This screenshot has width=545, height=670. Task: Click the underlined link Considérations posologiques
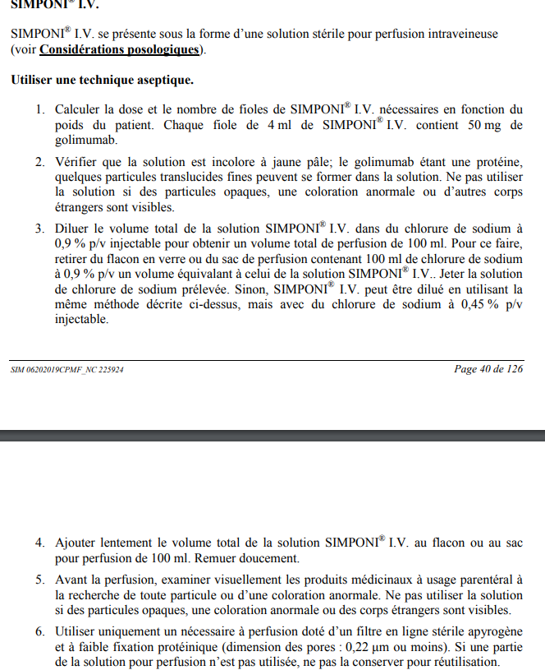[119, 50]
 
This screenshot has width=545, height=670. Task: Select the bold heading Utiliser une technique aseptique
[103, 81]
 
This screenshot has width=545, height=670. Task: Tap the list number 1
[40, 109]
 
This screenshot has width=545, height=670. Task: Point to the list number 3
[40, 227]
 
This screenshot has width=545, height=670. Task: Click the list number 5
[40, 580]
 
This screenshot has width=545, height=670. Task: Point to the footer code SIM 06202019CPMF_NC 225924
[68, 370]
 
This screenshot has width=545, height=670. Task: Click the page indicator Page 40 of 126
[488, 369]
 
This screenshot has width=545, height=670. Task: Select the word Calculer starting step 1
[79, 109]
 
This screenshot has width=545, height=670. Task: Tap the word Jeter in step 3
[456, 274]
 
